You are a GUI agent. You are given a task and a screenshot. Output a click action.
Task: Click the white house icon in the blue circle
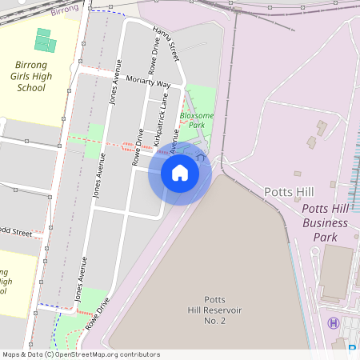179,173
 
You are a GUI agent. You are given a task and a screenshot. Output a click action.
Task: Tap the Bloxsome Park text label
196,120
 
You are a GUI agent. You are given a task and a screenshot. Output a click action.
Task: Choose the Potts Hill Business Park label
325,223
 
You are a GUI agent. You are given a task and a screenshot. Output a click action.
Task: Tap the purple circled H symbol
333,322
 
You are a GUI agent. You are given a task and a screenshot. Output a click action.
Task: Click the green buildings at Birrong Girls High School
46,41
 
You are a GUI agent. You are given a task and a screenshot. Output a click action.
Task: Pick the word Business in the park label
325,223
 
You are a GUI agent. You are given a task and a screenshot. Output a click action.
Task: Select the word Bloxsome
196,115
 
